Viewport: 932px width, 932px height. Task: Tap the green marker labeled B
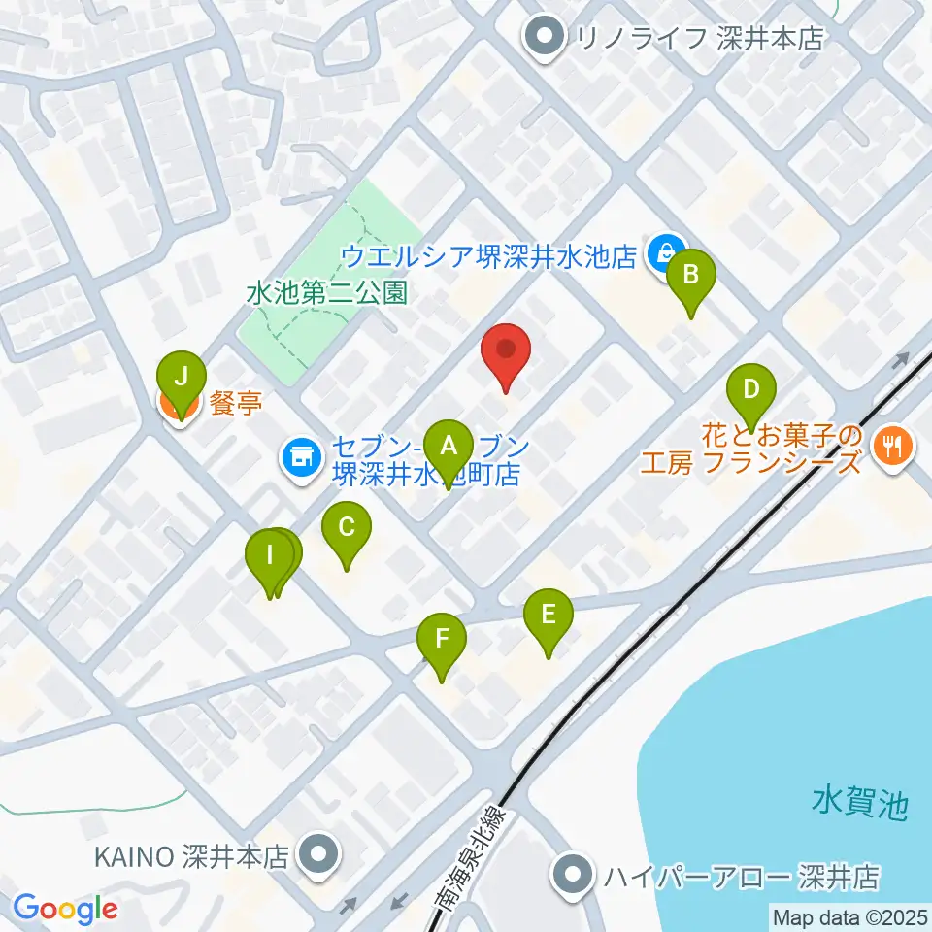(691, 274)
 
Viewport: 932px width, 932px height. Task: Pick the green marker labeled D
(750, 390)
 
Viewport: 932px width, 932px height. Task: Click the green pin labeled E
(549, 615)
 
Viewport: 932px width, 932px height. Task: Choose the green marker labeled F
(442, 639)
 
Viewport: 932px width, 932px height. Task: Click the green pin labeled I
(270, 557)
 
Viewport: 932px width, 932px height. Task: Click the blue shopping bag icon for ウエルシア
(666, 253)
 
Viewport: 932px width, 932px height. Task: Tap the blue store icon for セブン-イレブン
(302, 456)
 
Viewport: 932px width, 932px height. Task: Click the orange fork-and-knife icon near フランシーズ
(890, 446)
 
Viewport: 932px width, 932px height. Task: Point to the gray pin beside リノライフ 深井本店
(544, 38)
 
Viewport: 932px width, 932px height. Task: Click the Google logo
(65, 910)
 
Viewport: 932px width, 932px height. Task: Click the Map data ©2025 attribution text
(849, 916)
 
